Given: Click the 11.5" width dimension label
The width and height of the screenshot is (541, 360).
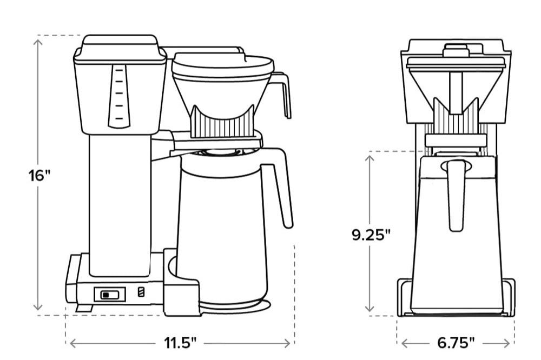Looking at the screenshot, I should point(180,343).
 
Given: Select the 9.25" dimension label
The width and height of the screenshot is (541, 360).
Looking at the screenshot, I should point(371,235).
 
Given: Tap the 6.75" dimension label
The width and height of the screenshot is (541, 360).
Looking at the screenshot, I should point(456,343).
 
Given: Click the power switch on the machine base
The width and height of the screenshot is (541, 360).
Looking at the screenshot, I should point(109,295).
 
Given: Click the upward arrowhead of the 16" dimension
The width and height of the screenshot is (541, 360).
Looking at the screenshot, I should point(38,41).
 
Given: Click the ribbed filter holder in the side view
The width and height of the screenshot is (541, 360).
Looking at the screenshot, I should point(222,126).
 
